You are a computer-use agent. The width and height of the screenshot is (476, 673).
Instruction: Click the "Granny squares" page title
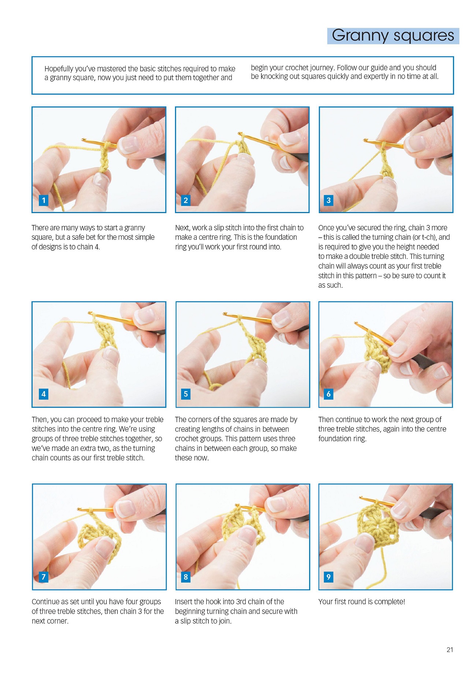pyautogui.click(x=393, y=36)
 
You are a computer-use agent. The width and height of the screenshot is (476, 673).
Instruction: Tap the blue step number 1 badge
pyautogui.click(x=44, y=200)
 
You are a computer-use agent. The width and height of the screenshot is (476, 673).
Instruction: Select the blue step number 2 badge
pyautogui.click(x=186, y=200)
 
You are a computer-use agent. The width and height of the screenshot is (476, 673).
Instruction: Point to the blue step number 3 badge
pyautogui.click(x=328, y=200)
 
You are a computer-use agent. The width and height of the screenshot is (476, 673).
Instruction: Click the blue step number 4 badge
pyautogui.click(x=44, y=394)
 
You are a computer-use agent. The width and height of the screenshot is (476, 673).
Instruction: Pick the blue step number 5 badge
pyautogui.click(x=186, y=394)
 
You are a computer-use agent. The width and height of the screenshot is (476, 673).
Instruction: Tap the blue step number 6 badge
pyautogui.click(x=328, y=394)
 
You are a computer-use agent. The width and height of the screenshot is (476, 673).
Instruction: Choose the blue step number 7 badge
pyautogui.click(x=44, y=577)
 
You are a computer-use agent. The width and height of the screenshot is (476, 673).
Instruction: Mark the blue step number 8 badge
pyautogui.click(x=186, y=577)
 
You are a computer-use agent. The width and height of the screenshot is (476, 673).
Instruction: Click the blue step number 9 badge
pyautogui.click(x=328, y=577)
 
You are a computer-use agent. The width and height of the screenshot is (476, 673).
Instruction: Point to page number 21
pyautogui.click(x=450, y=650)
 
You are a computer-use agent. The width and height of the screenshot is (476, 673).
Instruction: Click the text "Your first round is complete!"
pyautogui.click(x=362, y=602)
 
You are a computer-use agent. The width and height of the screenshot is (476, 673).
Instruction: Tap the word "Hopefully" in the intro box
pyautogui.click(x=59, y=69)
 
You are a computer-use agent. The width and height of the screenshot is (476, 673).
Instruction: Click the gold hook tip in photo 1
pyautogui.click(x=83, y=140)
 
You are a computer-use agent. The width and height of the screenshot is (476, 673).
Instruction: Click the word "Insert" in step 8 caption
pyautogui.click(x=185, y=602)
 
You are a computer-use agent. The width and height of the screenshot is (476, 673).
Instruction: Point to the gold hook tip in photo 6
pyautogui.click(x=356, y=323)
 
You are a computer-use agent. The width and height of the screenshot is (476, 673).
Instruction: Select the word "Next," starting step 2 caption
pyautogui.click(x=183, y=228)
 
